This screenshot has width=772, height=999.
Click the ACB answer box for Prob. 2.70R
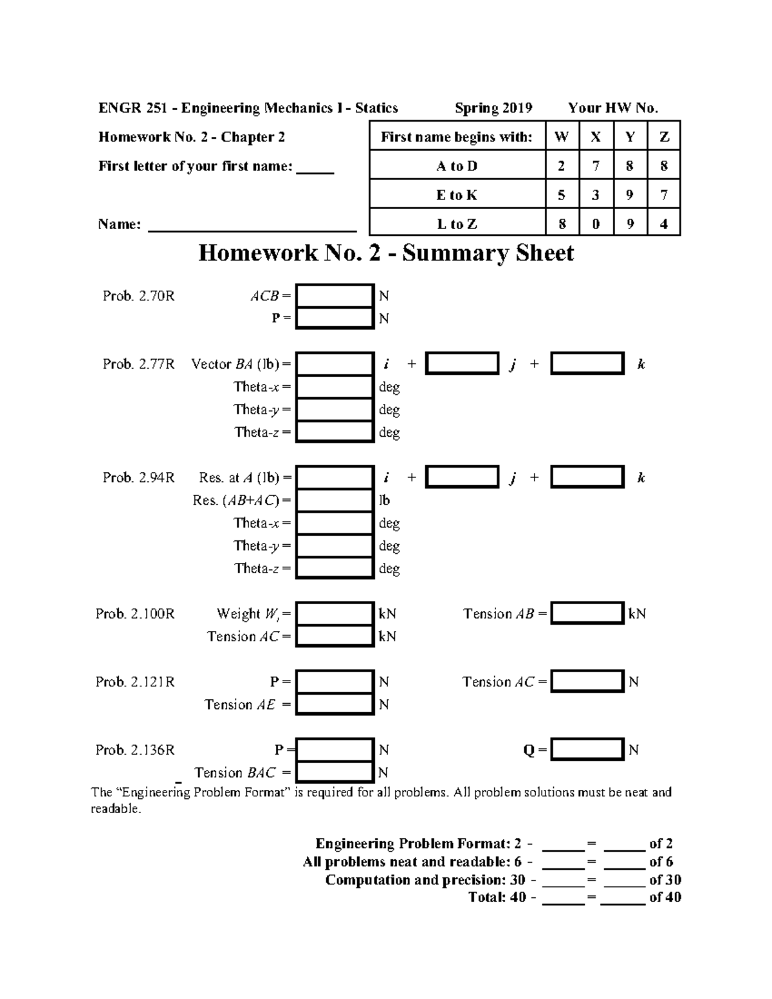click(x=335, y=296)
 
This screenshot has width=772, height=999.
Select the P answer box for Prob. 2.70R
click(x=335, y=318)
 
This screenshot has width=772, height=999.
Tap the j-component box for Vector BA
click(x=462, y=363)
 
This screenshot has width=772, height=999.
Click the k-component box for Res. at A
click(x=587, y=477)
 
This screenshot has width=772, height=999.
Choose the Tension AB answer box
click(x=587, y=614)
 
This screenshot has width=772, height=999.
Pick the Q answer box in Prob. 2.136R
click(x=587, y=749)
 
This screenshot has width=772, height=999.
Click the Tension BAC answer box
click(x=335, y=772)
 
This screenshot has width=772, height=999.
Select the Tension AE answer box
click(x=335, y=704)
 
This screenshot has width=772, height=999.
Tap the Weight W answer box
click(x=335, y=614)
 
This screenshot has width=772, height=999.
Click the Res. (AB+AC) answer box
click(x=335, y=500)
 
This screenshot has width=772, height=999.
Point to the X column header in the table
click(x=596, y=137)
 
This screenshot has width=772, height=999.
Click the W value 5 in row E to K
click(x=562, y=195)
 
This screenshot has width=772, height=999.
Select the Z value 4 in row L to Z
click(x=664, y=224)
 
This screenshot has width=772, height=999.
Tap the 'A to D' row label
click(x=457, y=166)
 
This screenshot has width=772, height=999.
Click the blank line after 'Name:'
click(x=252, y=226)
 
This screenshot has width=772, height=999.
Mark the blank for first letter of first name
click(x=315, y=169)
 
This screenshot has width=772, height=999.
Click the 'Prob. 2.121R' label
click(x=135, y=682)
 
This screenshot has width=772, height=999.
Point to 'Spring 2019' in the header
click(x=493, y=108)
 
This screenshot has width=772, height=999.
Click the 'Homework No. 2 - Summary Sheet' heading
click(x=386, y=253)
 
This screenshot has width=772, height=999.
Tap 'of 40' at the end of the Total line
click(x=665, y=897)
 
